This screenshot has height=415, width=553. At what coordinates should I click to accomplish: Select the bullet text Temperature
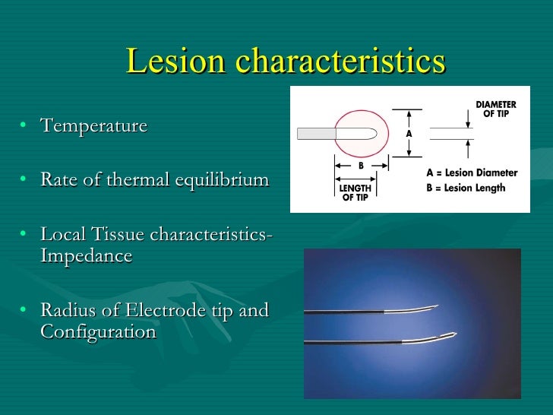(93, 125)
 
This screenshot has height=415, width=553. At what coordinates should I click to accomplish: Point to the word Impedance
(86, 256)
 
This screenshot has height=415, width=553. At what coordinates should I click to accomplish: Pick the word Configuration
(98, 332)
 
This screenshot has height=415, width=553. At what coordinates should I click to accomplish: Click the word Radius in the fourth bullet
(65, 311)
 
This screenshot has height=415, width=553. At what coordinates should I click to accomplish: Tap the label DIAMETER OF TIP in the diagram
(495, 109)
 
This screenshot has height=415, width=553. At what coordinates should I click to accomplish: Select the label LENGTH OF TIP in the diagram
(354, 192)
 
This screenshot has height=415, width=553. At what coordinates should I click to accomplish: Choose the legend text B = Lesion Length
(466, 188)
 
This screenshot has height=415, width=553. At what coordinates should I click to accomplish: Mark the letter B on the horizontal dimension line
(361, 165)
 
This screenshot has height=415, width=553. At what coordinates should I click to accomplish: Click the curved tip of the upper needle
(430, 308)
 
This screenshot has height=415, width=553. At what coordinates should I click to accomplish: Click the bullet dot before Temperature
(25, 126)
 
